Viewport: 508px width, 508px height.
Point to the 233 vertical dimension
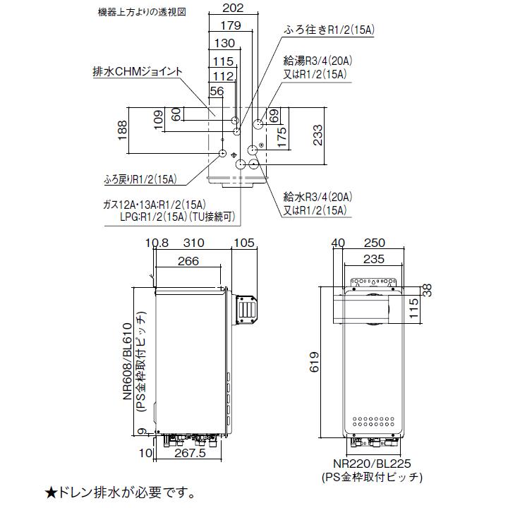click(x=319, y=135)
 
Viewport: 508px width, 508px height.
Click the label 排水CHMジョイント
click(x=138, y=71)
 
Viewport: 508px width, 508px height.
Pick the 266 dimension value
click(x=188, y=262)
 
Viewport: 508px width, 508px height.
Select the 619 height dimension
click(x=319, y=360)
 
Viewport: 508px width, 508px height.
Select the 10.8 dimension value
click(x=157, y=243)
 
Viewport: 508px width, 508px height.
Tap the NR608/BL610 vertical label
click(x=128, y=359)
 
